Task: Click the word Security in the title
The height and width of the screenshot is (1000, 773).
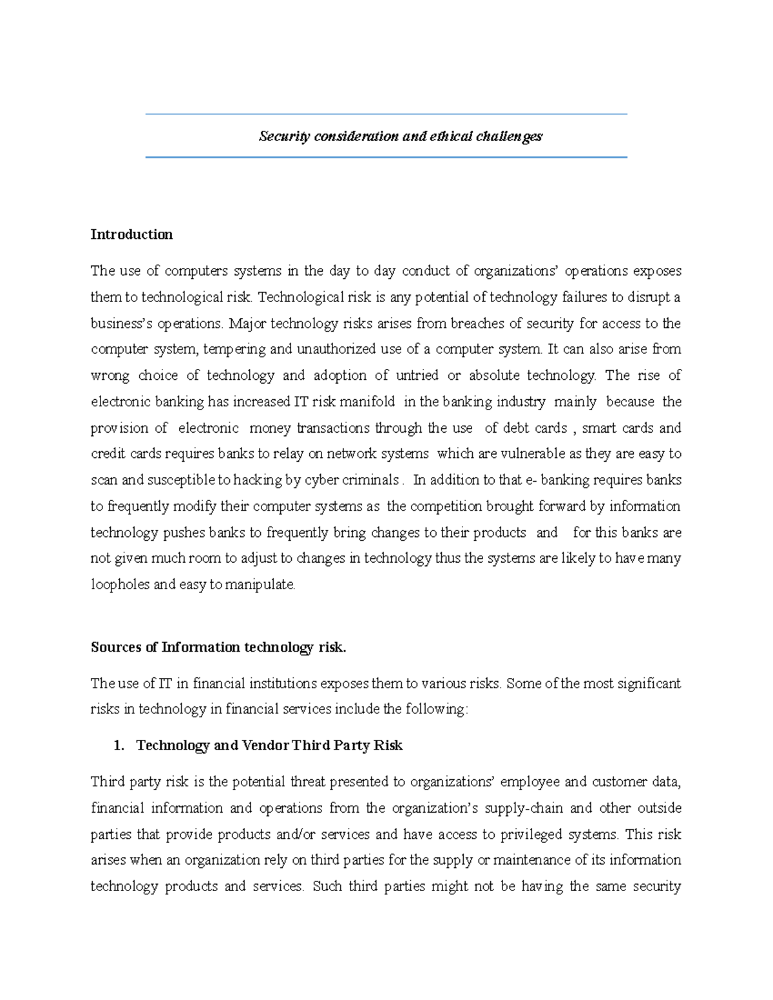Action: pyautogui.click(x=284, y=137)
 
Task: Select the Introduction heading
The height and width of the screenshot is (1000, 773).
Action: pyautogui.click(x=131, y=234)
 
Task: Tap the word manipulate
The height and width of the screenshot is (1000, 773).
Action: pyautogui.click(x=260, y=585)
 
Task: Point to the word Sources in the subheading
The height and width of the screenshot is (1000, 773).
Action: pyautogui.click(x=117, y=647)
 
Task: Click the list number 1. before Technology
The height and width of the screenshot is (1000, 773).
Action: pyautogui.click(x=118, y=746)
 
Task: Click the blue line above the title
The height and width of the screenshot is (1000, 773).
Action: pyautogui.click(x=386, y=115)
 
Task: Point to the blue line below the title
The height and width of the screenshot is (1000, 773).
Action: pyautogui.click(x=386, y=157)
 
